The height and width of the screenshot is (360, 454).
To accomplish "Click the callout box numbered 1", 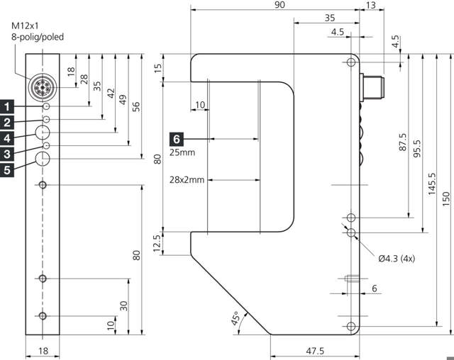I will (x=7, y=107).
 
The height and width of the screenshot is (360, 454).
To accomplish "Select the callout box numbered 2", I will (x=7, y=122).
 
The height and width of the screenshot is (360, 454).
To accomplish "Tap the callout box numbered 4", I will (x=7, y=137).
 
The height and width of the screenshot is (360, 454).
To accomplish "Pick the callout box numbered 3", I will (x=7, y=153).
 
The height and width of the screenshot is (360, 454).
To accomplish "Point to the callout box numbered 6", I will (x=177, y=137).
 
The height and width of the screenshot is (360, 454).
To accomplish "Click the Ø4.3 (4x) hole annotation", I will (x=396, y=259).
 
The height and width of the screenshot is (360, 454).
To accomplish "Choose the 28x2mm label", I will (x=187, y=180).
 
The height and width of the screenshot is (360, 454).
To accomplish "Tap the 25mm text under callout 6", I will (x=182, y=152).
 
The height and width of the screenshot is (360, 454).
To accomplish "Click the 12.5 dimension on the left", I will (x=157, y=243).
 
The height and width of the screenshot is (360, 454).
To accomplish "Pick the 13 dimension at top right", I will (x=371, y=5).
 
